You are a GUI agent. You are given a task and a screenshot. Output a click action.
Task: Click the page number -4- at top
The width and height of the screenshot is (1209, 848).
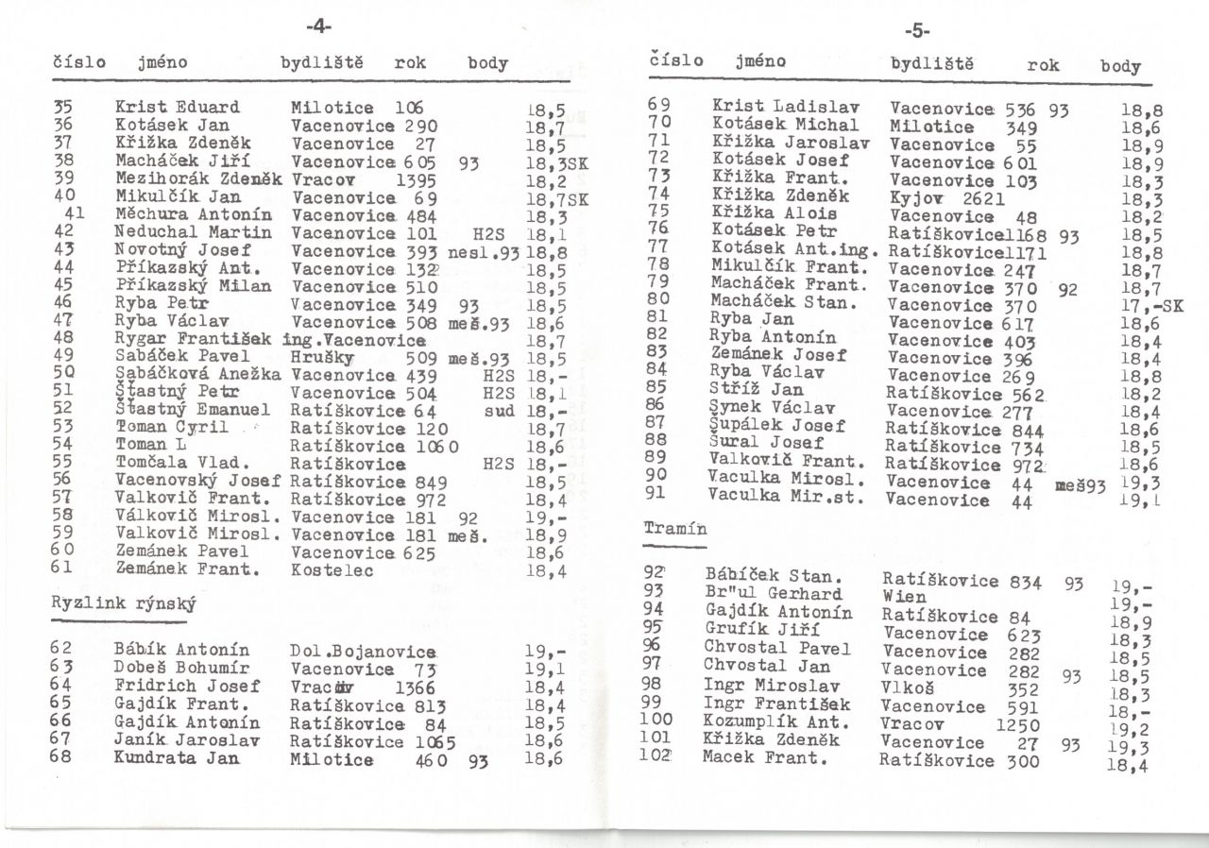[x=319, y=21]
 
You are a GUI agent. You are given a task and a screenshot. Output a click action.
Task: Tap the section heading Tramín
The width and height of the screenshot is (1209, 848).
[x=674, y=529]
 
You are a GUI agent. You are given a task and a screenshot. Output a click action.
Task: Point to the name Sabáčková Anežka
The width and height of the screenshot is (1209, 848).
[x=199, y=375]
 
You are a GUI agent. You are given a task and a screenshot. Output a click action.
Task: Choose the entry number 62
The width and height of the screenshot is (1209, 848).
[x=62, y=650]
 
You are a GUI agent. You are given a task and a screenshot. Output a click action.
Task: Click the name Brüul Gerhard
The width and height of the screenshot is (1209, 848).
[x=773, y=594]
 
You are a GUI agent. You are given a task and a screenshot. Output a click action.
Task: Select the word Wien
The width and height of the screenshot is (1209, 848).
[x=904, y=597]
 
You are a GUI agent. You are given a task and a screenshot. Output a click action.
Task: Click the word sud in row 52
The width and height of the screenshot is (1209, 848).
[x=497, y=411]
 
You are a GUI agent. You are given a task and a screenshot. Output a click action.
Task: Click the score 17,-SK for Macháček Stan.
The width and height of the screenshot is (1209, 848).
[x=1151, y=304]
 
